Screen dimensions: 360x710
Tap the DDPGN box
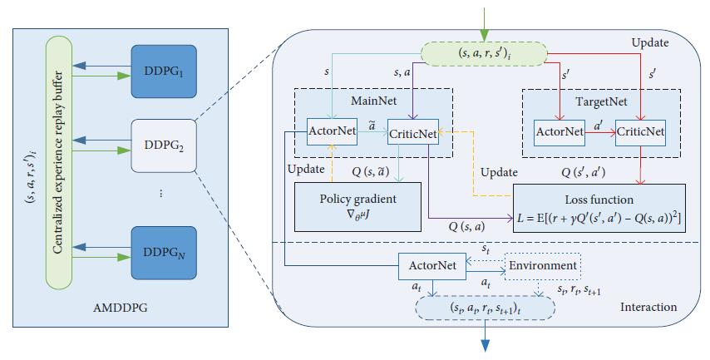[x=164, y=247]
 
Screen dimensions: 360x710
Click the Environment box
[x=544, y=265]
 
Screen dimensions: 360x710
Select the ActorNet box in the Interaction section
[x=431, y=265]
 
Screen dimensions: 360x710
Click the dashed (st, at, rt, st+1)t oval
[x=485, y=307]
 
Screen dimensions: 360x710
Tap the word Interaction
[x=648, y=308]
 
